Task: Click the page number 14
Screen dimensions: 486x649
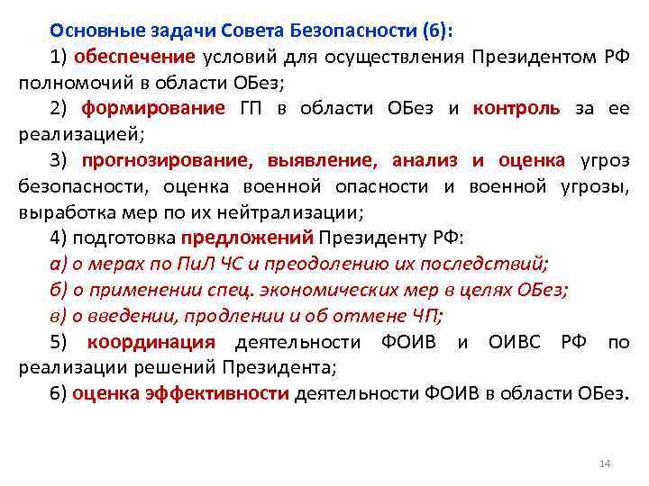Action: point(605,463)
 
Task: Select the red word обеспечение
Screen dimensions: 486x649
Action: point(133,57)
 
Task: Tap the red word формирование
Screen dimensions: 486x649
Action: point(152,109)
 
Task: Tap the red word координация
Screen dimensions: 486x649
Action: point(151,342)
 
